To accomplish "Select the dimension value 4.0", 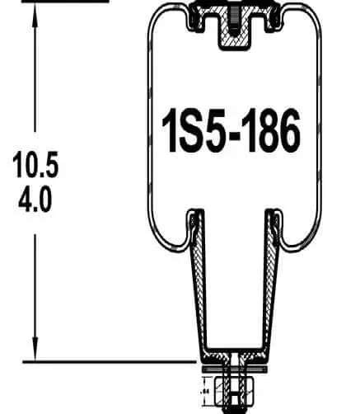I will tap(36, 200).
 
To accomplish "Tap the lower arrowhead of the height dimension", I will tap(36, 354).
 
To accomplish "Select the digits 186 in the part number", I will tap(273, 130).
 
